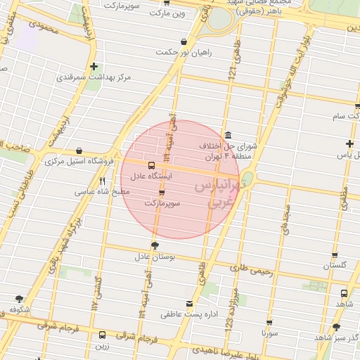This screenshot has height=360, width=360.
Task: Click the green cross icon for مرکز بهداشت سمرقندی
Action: pyautogui.click(x=94, y=67)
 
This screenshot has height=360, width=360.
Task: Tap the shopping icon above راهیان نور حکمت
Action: pyautogui.click(x=184, y=41)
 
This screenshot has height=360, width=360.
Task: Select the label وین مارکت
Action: pyautogui.click(x=171, y=13)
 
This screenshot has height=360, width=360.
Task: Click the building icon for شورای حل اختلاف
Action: pyautogui.click(x=228, y=136)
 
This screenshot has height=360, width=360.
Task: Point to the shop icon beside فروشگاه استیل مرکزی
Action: pyautogui.click(x=78, y=151)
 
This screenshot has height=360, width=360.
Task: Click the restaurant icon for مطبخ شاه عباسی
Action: pyautogui.click(x=103, y=181)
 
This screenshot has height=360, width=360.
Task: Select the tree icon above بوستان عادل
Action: pyautogui.click(x=155, y=245)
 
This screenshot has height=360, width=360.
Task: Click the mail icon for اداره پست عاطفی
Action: pyautogui.click(x=188, y=303)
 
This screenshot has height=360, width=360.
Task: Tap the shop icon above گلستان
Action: pyautogui.click(x=335, y=255)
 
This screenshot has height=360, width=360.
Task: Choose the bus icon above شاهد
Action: pyautogui.click(x=344, y=294)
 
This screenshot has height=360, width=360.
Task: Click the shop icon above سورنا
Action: pyautogui.click(x=267, y=320)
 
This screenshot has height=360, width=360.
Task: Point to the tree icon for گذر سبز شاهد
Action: pyautogui.click(x=336, y=327)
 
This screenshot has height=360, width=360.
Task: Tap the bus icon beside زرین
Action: pyautogui.click(x=103, y=335)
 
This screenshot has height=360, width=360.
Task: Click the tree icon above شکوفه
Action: pyautogui.click(x=18, y=299)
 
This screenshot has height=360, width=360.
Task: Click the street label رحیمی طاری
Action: pyautogui.click(x=250, y=267)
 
